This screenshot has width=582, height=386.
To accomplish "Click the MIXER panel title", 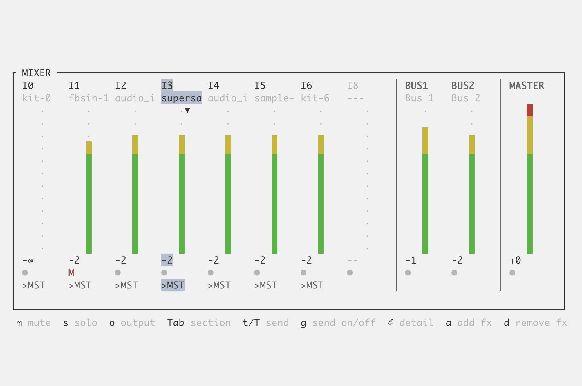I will click(36, 73).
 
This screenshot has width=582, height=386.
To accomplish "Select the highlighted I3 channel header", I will click(167, 86).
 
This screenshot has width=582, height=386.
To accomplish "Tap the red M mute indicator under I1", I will click(71, 273).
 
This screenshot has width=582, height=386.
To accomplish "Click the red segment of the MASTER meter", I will click(529, 110).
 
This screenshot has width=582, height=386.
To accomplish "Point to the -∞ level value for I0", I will click(28, 260).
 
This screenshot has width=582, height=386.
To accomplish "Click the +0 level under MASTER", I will click(515, 260).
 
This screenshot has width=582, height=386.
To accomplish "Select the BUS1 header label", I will click(416, 86).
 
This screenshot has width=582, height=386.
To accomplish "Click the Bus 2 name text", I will click(466, 98).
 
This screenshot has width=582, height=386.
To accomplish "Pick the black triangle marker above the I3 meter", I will click(187, 110).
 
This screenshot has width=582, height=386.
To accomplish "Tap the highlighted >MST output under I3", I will click(173, 285).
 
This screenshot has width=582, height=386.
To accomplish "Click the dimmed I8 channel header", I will click(353, 86).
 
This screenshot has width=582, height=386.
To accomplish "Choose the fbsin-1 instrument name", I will click(89, 98).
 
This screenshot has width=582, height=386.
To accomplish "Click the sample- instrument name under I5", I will click(274, 98).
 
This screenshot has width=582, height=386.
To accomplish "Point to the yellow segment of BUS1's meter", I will click(425, 140).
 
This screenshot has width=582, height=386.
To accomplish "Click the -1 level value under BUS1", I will click(411, 260).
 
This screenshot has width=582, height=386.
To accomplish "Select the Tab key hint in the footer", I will click(176, 323).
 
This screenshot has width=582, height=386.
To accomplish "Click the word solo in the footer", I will click(86, 323).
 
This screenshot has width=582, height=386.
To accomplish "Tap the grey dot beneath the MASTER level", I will click(512, 273).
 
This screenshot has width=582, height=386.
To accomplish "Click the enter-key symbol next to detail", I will click(391, 322).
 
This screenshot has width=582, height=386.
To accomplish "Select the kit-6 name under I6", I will click(315, 98).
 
